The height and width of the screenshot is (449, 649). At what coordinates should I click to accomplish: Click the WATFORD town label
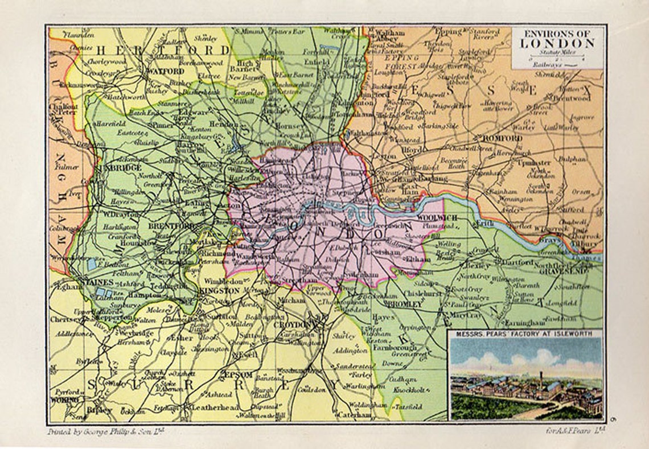(x=165, y=72)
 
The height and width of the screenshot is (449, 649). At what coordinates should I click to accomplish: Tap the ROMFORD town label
(x=502, y=138)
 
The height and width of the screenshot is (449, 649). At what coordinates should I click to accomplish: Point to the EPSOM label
(x=239, y=375)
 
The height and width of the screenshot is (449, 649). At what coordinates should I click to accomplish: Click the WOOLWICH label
(x=438, y=218)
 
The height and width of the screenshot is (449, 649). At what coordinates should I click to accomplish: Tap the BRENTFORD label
(x=164, y=225)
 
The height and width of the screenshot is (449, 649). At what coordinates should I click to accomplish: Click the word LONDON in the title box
(x=557, y=43)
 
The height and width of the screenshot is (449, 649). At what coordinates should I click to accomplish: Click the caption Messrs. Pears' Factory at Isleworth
(x=525, y=333)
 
